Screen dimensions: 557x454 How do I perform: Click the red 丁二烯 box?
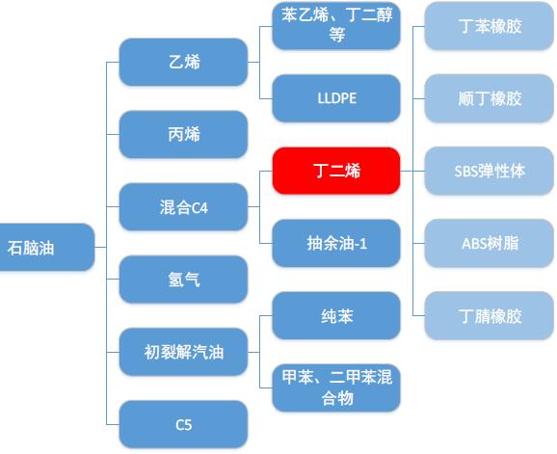click(x=336, y=171)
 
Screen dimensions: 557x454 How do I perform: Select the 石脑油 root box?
click(x=47, y=248)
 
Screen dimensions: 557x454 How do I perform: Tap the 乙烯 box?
click(x=183, y=62)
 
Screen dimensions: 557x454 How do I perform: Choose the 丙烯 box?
click(x=183, y=134)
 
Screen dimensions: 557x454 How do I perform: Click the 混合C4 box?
click(x=183, y=206)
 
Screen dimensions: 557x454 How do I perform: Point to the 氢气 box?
click(x=183, y=280)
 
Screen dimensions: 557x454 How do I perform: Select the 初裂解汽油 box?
click(x=183, y=352)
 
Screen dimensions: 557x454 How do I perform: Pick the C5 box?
click(x=183, y=424)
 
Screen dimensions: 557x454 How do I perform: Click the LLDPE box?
click(x=336, y=98)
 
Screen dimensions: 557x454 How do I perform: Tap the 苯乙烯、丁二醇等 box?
click(x=336, y=26)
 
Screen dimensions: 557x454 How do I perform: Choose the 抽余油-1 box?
click(x=336, y=243)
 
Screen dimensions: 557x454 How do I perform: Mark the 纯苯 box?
click(x=336, y=316)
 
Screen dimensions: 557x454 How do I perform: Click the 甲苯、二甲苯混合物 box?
click(x=336, y=387)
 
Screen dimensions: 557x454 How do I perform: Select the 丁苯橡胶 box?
click(x=490, y=26)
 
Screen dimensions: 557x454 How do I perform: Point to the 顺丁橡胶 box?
click(x=490, y=98)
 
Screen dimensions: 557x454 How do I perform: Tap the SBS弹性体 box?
click(x=490, y=171)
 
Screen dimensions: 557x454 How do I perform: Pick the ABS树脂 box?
click(x=490, y=243)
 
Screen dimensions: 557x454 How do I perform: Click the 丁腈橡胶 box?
click(x=490, y=316)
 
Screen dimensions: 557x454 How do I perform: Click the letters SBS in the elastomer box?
click(x=465, y=172)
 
